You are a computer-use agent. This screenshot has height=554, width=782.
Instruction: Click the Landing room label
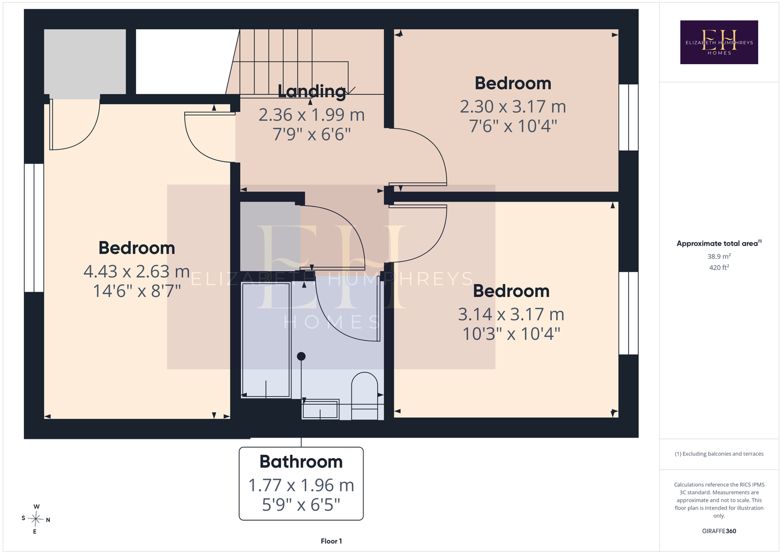312,91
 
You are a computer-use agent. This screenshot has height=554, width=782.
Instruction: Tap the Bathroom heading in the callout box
301,461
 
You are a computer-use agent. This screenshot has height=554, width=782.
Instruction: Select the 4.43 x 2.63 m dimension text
137,271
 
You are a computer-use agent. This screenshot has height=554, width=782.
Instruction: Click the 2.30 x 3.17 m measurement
513,106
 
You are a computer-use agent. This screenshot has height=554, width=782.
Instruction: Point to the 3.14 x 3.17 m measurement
511,314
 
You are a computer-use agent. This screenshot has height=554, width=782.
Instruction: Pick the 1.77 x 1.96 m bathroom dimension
301,485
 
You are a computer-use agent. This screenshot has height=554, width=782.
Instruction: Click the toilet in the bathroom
365,396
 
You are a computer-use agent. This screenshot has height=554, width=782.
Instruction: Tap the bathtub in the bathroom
266,340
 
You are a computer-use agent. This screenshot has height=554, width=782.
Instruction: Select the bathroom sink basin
320,409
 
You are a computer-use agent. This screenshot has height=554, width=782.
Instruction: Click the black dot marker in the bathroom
301,356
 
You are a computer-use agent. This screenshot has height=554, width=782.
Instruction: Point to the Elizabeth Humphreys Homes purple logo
719,42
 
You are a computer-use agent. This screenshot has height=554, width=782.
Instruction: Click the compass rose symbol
35,519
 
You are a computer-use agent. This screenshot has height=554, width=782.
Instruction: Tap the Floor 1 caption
332,541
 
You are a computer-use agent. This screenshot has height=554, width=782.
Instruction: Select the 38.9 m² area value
719,256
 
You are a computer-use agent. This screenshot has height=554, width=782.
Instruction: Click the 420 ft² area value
719,268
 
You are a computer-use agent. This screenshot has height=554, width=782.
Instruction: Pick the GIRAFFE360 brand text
719,531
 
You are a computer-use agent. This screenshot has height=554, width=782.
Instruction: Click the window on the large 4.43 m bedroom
34,228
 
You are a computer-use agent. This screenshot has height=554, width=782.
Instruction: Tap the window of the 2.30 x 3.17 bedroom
628,117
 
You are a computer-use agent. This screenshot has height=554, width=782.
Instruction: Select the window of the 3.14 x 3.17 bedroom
628,313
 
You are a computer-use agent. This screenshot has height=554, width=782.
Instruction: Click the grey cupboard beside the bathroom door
270,236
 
